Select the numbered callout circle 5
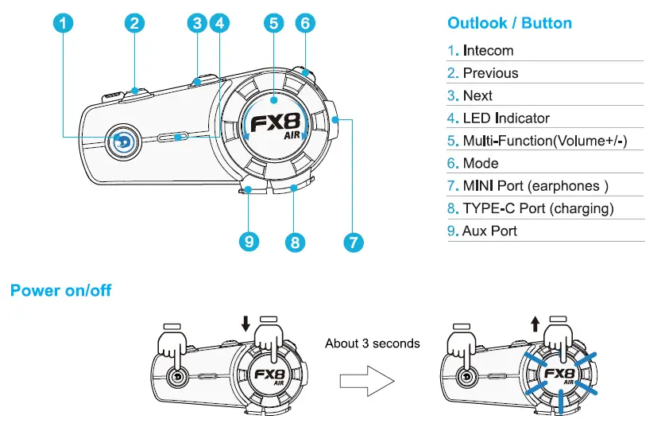[x=273, y=23]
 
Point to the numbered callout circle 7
[x=351, y=242]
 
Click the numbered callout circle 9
[x=249, y=241]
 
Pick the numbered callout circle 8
[x=295, y=242]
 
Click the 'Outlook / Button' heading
[x=509, y=22]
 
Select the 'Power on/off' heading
[x=60, y=290]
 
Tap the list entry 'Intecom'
[x=488, y=51]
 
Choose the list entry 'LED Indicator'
[x=506, y=118]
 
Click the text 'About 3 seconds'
[x=372, y=344]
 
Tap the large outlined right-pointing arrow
[x=367, y=380]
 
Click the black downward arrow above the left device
[x=246, y=322]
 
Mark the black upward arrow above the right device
[x=535, y=322]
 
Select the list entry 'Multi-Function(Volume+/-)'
[x=545, y=141]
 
